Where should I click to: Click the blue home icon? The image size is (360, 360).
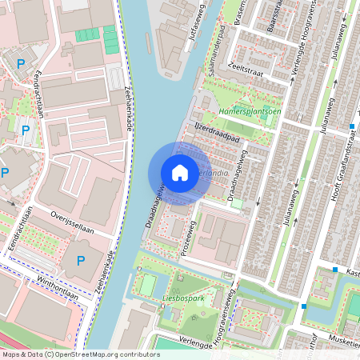click(x=180, y=173)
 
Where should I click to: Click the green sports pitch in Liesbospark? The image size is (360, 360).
click(x=147, y=284)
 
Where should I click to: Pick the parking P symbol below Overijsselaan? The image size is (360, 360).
click(x=80, y=261)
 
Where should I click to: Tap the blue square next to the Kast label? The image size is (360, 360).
click(x=335, y=270)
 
